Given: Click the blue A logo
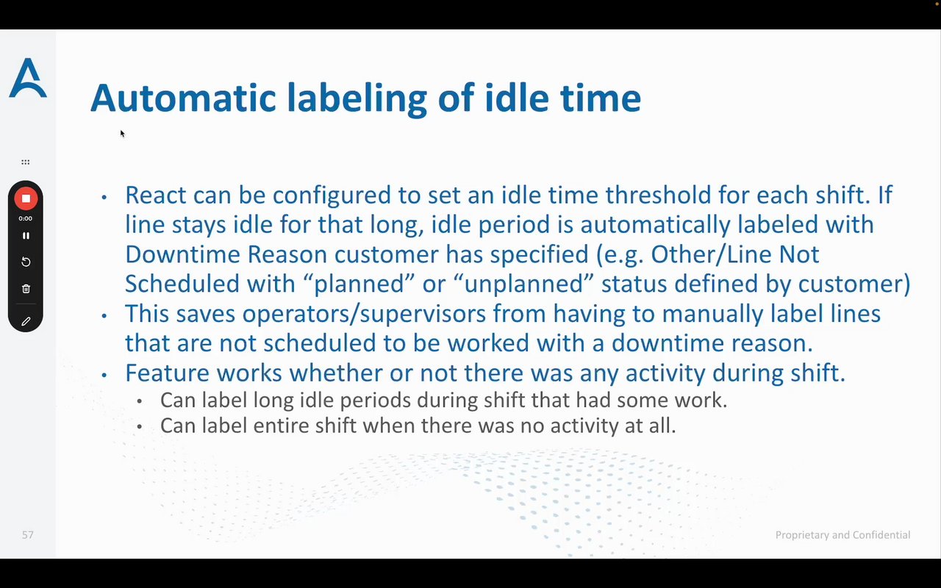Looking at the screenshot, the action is (x=28, y=78).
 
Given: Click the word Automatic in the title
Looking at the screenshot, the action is (x=183, y=98).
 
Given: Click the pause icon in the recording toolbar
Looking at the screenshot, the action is (x=26, y=236).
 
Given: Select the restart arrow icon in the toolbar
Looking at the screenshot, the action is (x=26, y=262).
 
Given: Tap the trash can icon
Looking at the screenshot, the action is (x=26, y=289).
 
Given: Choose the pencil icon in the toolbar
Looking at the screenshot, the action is (x=26, y=321).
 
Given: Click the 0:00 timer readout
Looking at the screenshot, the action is (x=25, y=218).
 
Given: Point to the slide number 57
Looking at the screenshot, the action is (x=28, y=534).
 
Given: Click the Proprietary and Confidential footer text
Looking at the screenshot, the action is (x=842, y=534).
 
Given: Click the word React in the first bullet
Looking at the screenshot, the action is (x=155, y=195).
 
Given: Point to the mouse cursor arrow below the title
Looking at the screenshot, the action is (x=122, y=134).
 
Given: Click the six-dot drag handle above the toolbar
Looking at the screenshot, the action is (x=25, y=162).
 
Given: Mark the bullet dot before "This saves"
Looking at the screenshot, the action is (x=104, y=315).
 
